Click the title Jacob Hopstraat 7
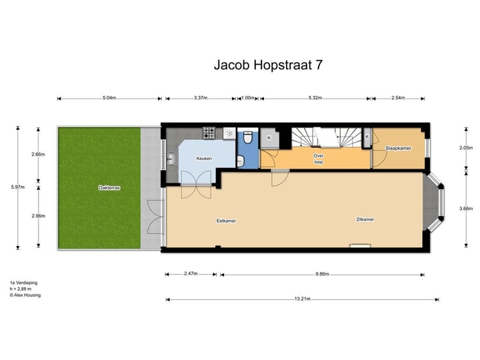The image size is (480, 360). click(x=269, y=65)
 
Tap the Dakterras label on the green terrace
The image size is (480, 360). click(x=109, y=188)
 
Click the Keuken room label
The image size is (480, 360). click(x=203, y=159)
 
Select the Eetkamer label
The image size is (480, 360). click(x=226, y=221)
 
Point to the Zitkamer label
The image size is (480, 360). click(x=364, y=219)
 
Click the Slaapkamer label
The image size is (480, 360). click(x=398, y=148)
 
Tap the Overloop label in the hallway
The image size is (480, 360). click(x=319, y=159)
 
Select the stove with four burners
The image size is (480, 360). click(x=209, y=132)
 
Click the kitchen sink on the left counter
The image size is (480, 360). click(x=172, y=159)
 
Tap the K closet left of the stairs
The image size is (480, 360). click(x=269, y=137)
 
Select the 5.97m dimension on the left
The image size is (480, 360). click(x=18, y=187)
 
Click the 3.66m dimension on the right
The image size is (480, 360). click(x=466, y=209)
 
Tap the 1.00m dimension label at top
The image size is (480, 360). click(x=248, y=99)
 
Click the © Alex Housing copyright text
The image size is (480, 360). click(x=25, y=295)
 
